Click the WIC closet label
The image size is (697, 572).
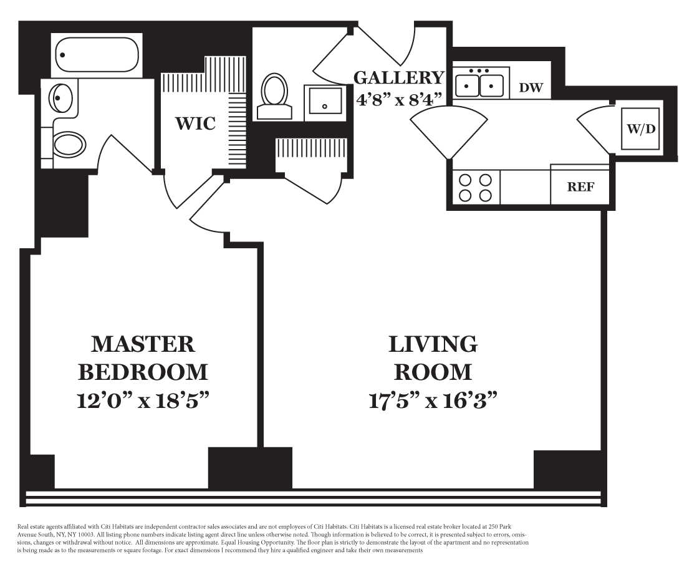(x=195, y=123)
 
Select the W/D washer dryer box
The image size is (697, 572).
(x=640, y=129)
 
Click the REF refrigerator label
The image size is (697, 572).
(x=580, y=187)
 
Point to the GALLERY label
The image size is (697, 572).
(x=399, y=78)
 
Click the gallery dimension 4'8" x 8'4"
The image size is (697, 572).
(x=399, y=99)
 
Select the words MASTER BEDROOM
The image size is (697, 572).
(x=143, y=357)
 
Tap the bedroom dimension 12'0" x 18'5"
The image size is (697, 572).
(x=143, y=400)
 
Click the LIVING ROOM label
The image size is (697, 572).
(x=433, y=357)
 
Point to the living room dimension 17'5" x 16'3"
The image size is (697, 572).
(x=433, y=400)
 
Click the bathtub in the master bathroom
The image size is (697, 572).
(x=96, y=56)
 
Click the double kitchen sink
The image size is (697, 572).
(x=479, y=84)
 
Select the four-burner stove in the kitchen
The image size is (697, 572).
(x=475, y=187)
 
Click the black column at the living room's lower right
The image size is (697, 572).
(x=567, y=469)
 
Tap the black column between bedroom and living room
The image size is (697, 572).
(x=249, y=467)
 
